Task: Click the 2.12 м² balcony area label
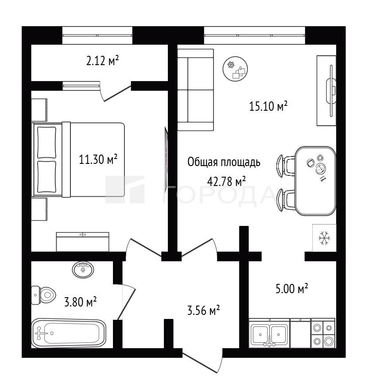coord(103,61)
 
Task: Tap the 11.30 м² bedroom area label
coord(98,159)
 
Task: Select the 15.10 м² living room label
coord(268,106)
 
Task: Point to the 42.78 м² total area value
coord(226,182)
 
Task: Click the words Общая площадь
coord(224,163)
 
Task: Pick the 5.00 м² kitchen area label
coord(292,289)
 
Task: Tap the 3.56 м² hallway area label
coord(203,310)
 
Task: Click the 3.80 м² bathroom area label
coord(80,302)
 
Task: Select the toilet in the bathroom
coord(43,295)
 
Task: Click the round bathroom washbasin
coord(83,270)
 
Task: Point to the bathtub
coord(69,333)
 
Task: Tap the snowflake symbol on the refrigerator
coord(324,238)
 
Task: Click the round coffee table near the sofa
coord(235,69)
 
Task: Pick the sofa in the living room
coord(196,90)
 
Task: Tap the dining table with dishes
coord(315,181)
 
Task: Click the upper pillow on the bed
coord(47,143)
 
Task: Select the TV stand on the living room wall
coord(326,91)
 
